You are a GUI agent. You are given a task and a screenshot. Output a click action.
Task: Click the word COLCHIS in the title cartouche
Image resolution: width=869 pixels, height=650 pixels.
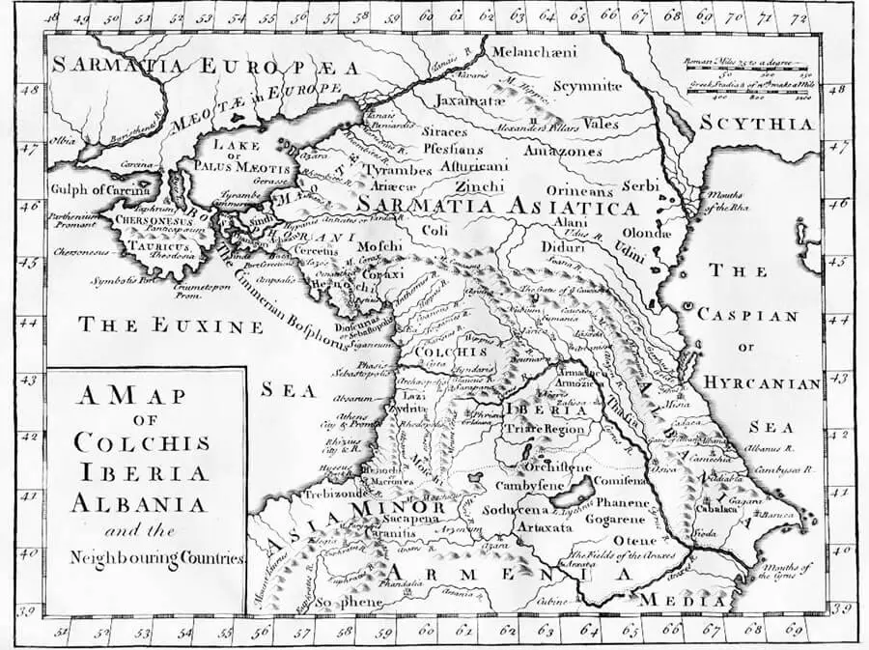(x=142, y=444)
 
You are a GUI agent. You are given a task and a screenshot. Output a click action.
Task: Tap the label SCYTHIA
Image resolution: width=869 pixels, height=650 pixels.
(x=782, y=124)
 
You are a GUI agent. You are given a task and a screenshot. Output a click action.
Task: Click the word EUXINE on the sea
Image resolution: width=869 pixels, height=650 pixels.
(x=204, y=325)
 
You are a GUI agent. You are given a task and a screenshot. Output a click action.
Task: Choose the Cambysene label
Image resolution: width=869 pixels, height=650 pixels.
(x=531, y=485)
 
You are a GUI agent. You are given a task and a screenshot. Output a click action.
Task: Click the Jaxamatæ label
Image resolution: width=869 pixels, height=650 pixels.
(x=471, y=100)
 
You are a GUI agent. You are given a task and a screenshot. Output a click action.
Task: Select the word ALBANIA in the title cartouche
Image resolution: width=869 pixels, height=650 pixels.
(x=142, y=503)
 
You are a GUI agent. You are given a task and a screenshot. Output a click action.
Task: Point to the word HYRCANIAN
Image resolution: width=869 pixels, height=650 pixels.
(x=761, y=383)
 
